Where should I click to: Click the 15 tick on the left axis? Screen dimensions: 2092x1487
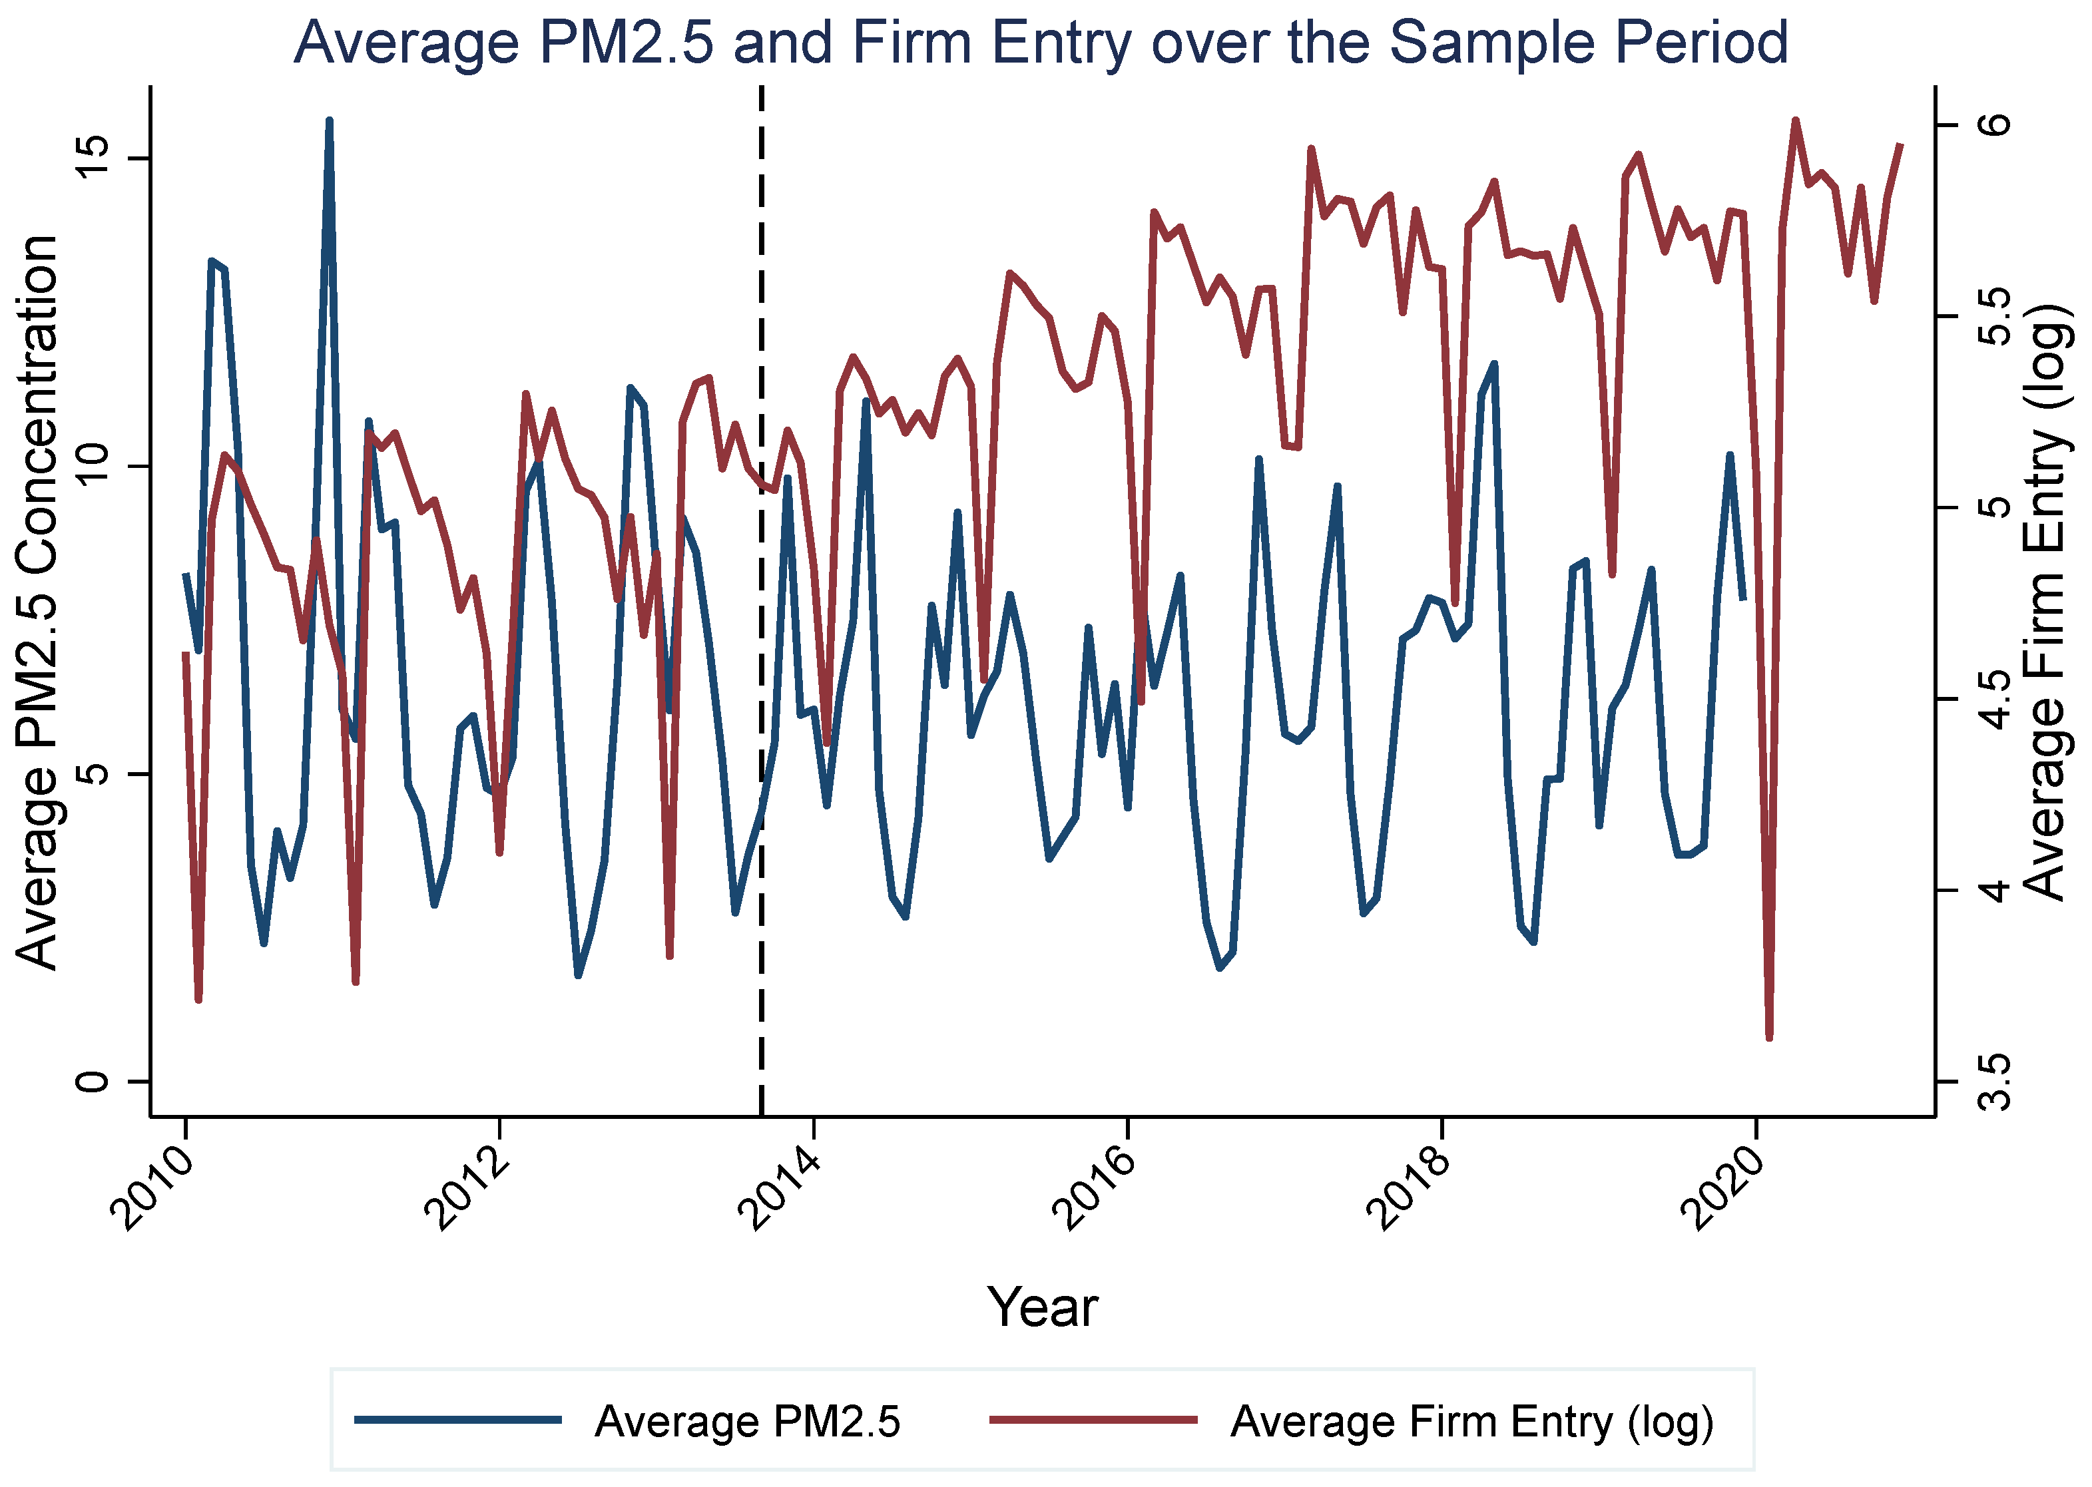tap(92, 158)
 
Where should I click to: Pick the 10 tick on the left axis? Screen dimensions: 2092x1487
tap(92, 467)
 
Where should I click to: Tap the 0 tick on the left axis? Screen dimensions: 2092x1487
tap(92, 1082)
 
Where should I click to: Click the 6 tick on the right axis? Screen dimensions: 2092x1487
tap(1993, 124)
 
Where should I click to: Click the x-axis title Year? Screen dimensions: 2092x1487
tap(1042, 1307)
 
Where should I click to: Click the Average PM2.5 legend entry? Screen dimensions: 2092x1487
tap(627, 1421)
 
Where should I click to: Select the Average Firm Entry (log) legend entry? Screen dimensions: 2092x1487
tap(1352, 1421)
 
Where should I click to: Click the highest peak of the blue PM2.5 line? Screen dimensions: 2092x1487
tap(329, 120)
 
